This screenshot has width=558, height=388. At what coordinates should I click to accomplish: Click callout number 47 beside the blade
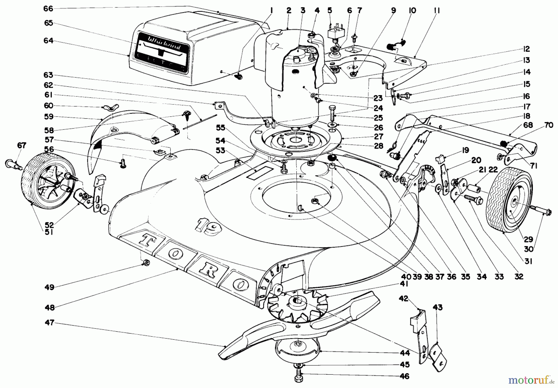(50, 323)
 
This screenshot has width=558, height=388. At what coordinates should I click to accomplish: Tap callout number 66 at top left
(48, 9)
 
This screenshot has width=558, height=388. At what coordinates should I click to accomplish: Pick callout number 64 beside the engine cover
(48, 41)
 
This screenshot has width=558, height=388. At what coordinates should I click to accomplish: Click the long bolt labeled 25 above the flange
(332, 114)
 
